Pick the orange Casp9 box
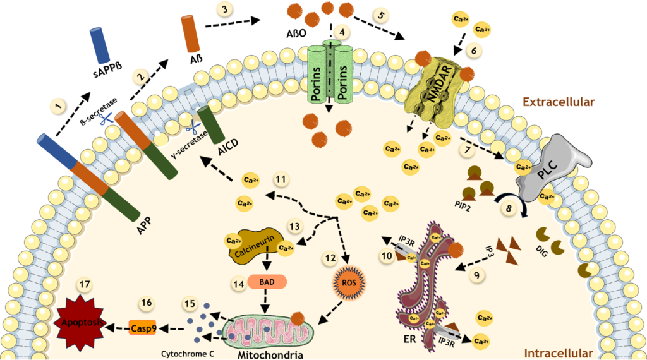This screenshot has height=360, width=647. [x=142, y=328]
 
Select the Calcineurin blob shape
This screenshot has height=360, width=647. [x=251, y=244]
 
